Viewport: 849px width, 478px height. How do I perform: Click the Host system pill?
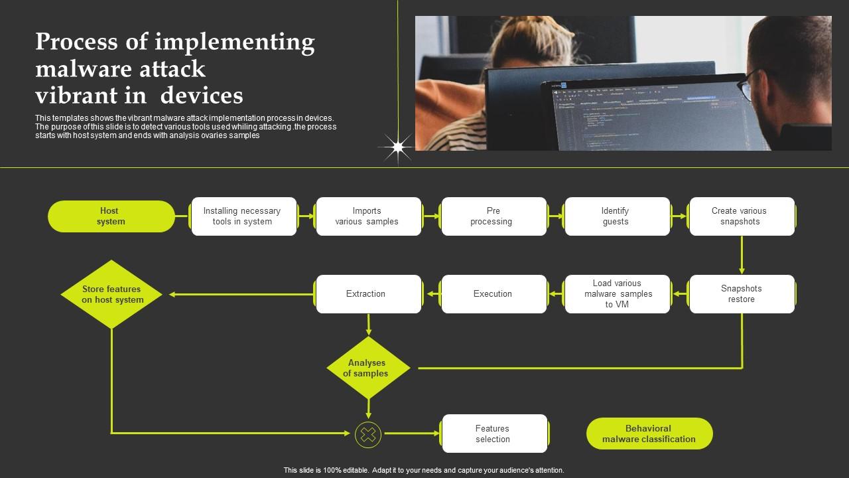111,216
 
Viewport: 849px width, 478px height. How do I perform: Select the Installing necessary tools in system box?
243,216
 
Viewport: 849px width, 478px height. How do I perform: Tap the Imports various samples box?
368,216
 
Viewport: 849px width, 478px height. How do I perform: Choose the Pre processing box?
493,216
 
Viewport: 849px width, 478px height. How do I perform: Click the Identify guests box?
617,216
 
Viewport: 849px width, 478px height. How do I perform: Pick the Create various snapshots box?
742,216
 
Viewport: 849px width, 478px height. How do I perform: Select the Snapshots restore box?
742,294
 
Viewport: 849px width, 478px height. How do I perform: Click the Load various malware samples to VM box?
617,294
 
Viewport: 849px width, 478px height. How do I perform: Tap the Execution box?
493,294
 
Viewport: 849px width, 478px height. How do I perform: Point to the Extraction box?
368,294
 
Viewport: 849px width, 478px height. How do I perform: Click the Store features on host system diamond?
111,294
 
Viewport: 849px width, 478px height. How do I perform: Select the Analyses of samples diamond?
368,368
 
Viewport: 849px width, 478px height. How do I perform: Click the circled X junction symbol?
368,435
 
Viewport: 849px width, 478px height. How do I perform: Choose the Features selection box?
494,434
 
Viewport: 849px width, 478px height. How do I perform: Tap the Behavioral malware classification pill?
649,434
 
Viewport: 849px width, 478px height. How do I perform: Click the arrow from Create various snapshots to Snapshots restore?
742,255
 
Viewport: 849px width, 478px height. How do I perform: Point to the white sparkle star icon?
397,147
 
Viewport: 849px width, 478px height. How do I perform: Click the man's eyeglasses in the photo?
746,86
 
